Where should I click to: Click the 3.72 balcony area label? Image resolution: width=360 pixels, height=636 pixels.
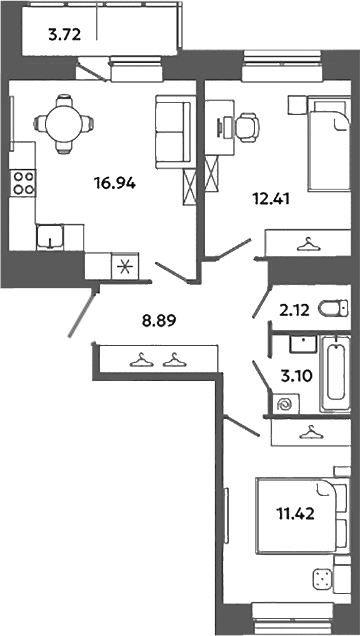[65, 36]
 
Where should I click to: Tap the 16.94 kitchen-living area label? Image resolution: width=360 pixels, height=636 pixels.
[115, 184]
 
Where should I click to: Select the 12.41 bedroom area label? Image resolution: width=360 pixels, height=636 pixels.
[269, 199]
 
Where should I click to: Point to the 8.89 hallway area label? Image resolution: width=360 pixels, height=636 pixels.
[159, 322]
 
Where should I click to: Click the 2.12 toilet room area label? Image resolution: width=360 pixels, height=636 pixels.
[294, 311]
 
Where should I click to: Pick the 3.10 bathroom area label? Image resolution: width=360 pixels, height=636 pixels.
[296, 376]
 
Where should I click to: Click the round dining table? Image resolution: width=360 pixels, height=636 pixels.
[64, 123]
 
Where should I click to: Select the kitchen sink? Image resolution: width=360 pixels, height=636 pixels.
[49, 237]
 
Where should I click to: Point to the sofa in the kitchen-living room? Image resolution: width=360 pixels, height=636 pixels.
[173, 132]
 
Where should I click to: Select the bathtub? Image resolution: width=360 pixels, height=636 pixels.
[335, 373]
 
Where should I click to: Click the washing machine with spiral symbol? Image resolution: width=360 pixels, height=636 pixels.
[286, 404]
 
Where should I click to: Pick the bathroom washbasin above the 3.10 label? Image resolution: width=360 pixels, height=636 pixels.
[303, 344]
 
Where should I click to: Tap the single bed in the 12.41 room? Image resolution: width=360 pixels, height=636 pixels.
[328, 143]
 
